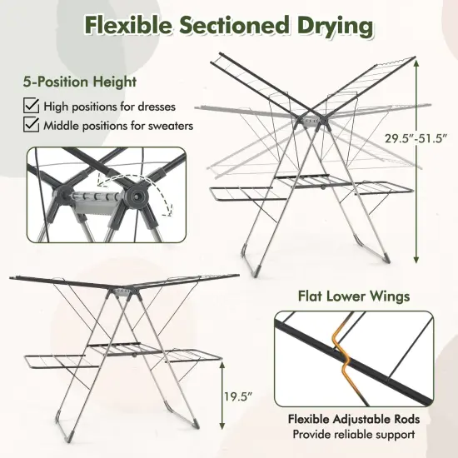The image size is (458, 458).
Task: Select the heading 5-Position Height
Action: (x=79, y=82)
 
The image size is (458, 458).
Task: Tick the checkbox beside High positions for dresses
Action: (x=30, y=106)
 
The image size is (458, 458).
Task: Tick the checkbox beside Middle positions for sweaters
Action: (x=30, y=126)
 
